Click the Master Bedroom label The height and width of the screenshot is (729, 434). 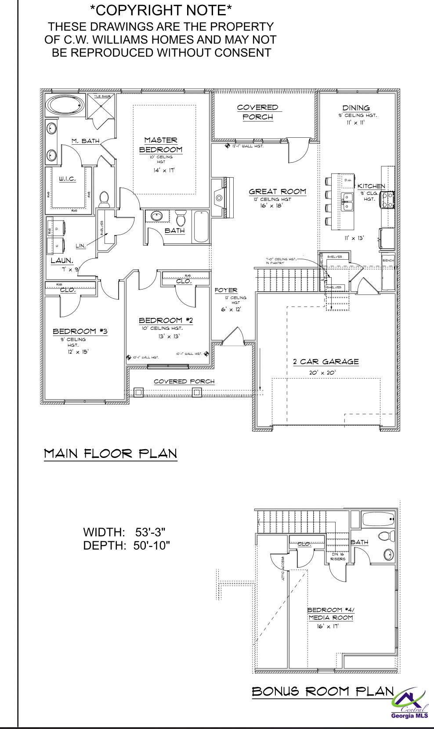(160, 145)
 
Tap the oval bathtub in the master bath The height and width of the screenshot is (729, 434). (65, 105)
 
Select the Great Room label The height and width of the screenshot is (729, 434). (277, 191)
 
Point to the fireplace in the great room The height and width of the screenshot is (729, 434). (220, 198)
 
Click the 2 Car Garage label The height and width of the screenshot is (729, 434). (325, 362)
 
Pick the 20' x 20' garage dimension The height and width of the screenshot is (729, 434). (322, 373)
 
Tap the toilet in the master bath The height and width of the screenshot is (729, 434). (104, 200)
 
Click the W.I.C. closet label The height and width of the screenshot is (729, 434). (67, 179)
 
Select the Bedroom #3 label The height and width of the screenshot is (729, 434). (80, 331)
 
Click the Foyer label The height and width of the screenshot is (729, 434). (226, 290)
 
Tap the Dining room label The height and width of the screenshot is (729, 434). (356, 108)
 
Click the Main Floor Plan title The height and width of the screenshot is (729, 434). (110, 453)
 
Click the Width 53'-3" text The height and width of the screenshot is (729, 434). (124, 532)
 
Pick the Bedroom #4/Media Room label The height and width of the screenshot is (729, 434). (330, 614)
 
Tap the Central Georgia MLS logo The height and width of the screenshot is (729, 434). (409, 704)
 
